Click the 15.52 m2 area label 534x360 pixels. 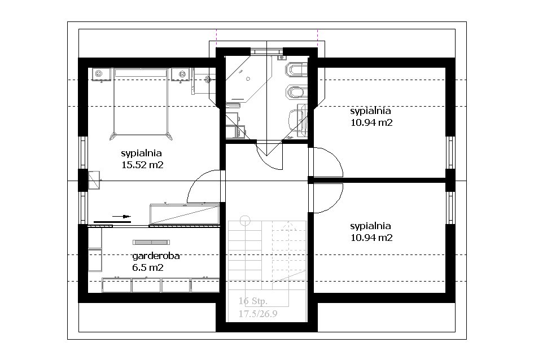[x=142, y=165]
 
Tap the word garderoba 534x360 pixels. [x=156, y=256]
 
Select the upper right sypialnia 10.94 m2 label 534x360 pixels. [x=371, y=116]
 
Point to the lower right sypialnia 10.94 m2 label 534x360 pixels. [x=371, y=231]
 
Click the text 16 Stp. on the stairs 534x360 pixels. [x=253, y=301]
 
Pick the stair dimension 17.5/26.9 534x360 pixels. [x=258, y=314]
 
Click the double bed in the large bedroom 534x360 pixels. [x=141, y=104]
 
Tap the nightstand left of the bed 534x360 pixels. [x=101, y=75]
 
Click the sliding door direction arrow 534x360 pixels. [x=121, y=216]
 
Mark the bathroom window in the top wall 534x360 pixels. [x=266, y=51]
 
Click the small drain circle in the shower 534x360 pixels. [x=248, y=78]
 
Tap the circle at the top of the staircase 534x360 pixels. [x=245, y=221]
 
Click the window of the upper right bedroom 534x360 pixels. [x=450, y=152]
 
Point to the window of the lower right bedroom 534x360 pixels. [x=450, y=208]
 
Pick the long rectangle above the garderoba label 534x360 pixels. [x=151, y=242]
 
